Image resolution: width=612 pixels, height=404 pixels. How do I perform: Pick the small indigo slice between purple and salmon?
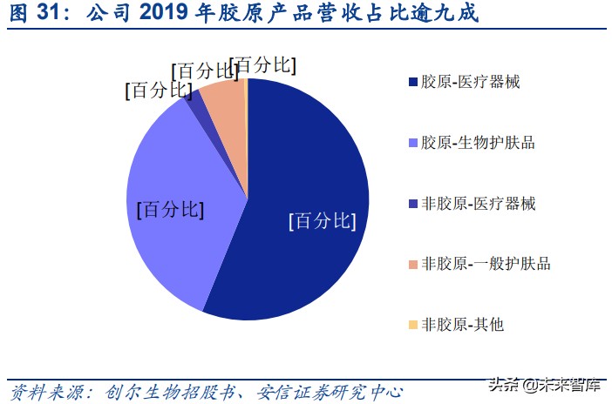coord(197,103)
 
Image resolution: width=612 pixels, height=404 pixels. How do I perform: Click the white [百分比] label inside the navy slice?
coord(322,221)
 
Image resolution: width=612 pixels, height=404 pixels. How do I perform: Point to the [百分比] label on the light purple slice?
coord(170,210)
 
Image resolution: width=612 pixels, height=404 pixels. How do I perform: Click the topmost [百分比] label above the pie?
coord(266,65)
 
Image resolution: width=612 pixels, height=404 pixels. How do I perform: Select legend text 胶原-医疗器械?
coord(472,83)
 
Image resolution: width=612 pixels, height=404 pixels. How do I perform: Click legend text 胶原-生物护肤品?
coord(478,143)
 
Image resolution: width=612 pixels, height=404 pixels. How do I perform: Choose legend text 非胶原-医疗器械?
coord(478,204)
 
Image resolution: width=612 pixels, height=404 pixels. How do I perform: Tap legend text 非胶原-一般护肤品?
coord(485,264)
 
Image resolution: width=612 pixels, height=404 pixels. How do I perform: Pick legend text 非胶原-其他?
coord(462,325)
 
